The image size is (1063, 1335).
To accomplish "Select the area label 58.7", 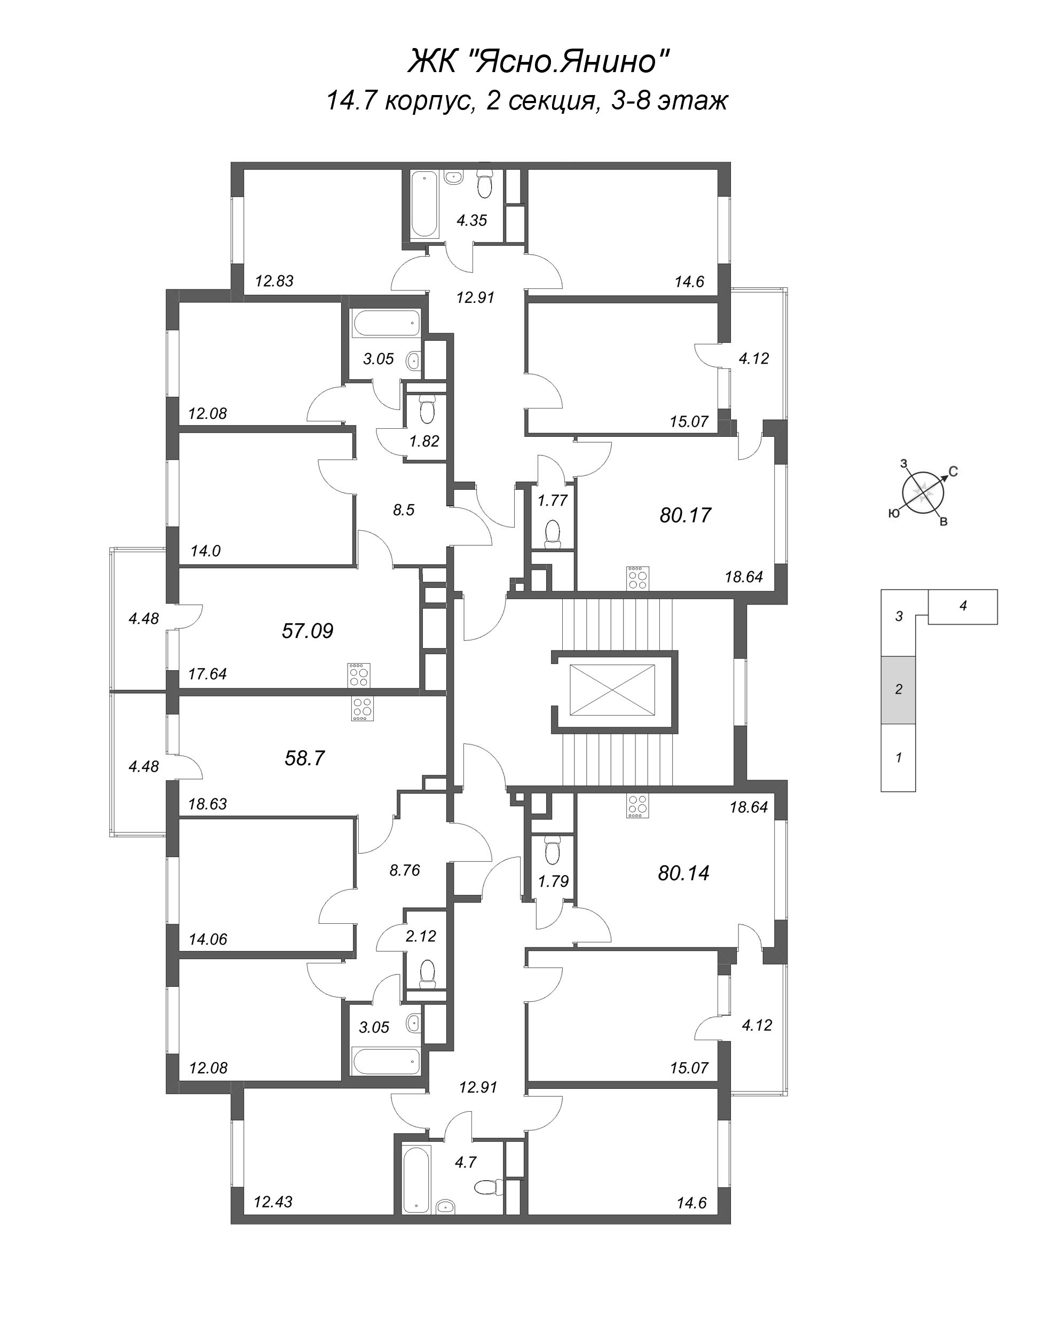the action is click(x=305, y=758).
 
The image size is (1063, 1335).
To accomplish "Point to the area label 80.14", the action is click(x=683, y=873).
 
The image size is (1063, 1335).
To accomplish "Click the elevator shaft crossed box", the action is click(x=612, y=690).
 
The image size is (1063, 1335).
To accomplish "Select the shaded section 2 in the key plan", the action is click(x=899, y=689).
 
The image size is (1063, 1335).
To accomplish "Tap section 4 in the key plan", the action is click(x=963, y=606).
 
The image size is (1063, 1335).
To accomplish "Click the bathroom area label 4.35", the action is click(x=472, y=221).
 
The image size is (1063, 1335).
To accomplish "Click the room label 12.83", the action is click(x=274, y=281).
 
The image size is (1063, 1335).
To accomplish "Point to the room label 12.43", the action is click(x=273, y=1202).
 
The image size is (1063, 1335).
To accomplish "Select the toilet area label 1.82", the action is click(x=424, y=441).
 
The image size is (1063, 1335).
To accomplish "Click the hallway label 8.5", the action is click(x=403, y=510).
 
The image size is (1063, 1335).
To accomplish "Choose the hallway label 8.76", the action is click(x=404, y=870).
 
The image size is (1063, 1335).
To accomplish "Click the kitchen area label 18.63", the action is click(x=207, y=804).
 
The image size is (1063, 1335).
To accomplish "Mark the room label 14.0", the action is click(x=206, y=551).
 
